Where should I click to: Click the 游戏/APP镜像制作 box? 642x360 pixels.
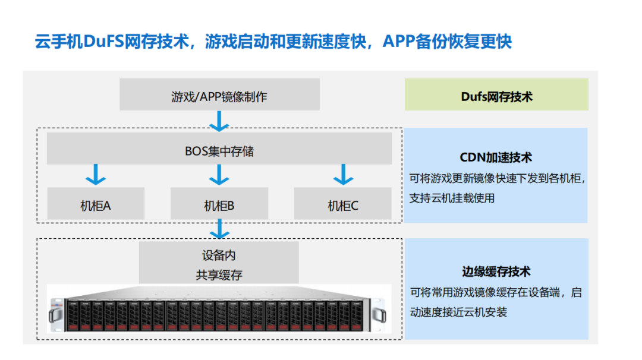point(219,95)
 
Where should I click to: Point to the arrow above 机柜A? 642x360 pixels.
point(96,175)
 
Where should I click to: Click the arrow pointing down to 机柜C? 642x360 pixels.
point(343,175)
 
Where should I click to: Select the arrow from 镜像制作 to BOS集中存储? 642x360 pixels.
point(219,121)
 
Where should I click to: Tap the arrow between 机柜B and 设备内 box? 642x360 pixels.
point(219,229)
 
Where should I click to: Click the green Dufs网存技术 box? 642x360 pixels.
point(496,95)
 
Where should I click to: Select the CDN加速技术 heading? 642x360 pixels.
point(496,157)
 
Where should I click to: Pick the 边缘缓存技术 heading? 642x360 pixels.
point(496,271)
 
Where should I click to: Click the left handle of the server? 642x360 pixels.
point(55,313)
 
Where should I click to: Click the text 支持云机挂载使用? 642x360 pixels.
point(452,198)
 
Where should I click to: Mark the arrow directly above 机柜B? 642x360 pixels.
point(219,175)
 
